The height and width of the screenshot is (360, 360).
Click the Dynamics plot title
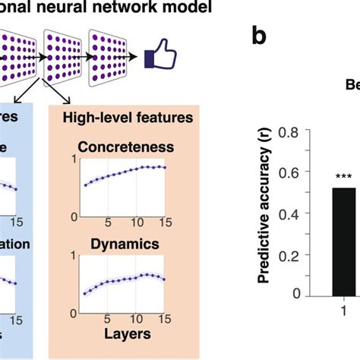coord(125,246)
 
